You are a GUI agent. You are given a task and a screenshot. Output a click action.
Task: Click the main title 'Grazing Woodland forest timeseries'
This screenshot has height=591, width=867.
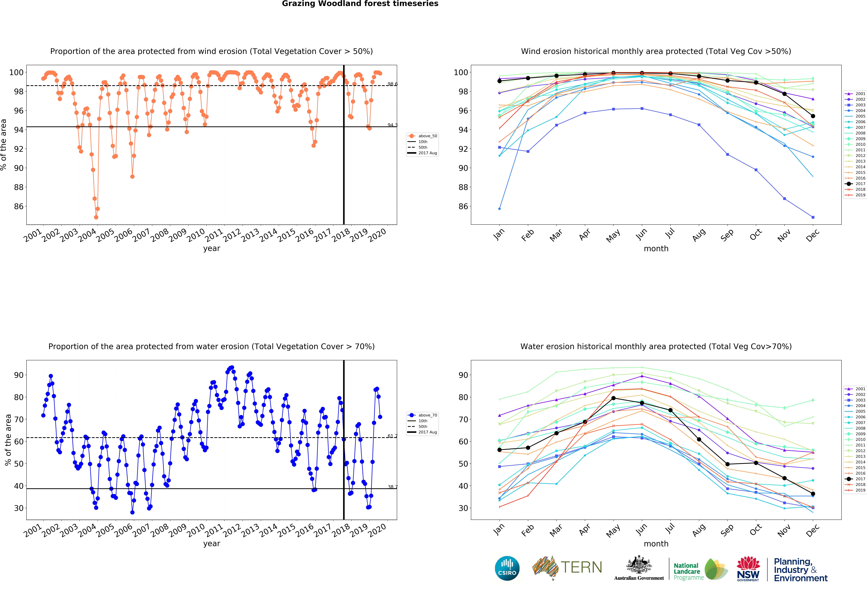point(360,4)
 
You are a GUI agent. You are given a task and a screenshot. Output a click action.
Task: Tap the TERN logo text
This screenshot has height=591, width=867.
point(581,567)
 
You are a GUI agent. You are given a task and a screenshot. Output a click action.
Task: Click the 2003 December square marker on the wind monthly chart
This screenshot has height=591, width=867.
point(813,217)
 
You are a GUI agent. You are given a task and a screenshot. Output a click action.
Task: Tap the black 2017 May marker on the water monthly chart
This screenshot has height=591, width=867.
point(613,398)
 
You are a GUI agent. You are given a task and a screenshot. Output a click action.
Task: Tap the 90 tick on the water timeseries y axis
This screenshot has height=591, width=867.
point(19,375)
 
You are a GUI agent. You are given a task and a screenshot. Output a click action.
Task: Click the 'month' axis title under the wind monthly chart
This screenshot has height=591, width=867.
point(656,248)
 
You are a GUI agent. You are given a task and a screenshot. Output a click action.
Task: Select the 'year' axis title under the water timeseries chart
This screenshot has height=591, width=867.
point(212,544)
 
